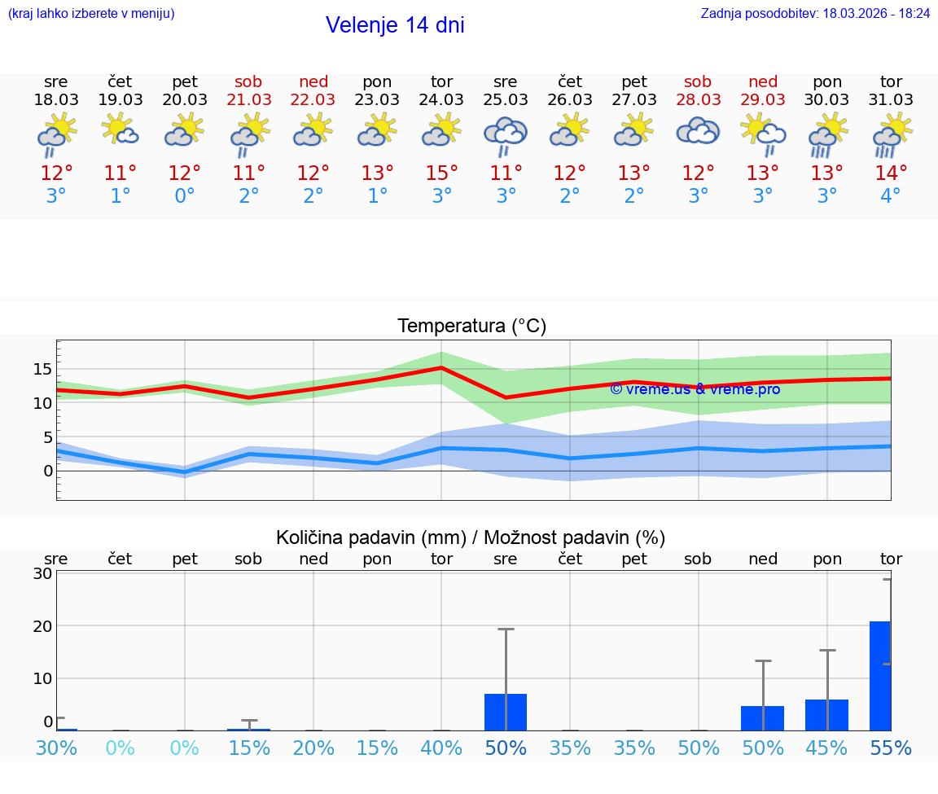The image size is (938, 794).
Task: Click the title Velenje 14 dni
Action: (395, 25)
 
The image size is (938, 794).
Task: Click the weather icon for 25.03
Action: (506, 136)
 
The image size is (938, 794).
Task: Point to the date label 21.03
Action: (249, 99)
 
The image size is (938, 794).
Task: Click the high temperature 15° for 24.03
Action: (441, 173)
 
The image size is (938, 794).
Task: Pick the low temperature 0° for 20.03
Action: (185, 196)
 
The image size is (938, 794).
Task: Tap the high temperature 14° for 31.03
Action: (891, 173)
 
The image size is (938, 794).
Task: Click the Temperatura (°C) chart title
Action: (471, 327)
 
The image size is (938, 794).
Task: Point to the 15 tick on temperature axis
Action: (42, 369)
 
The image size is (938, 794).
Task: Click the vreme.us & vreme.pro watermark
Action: (695, 389)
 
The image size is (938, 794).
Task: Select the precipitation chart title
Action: (471, 537)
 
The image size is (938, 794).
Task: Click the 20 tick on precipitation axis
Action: (42, 625)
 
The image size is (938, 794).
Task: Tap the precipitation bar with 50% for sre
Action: (506, 712)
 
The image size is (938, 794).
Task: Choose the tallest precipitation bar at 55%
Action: (880, 676)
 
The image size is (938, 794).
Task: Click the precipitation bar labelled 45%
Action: (826, 714)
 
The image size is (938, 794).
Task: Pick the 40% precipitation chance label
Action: (441, 748)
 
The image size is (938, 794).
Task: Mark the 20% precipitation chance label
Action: (313, 748)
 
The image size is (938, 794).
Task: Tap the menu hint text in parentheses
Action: (91, 14)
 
